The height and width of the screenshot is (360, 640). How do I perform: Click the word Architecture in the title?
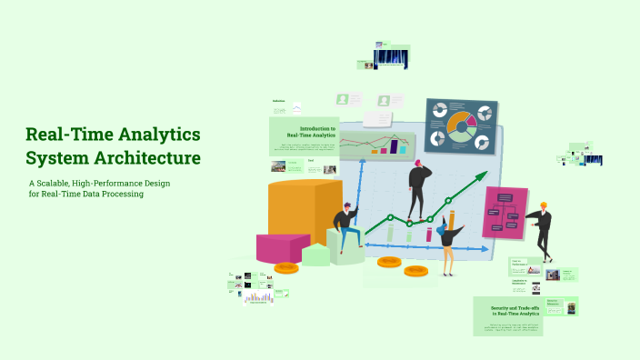coord(145,158)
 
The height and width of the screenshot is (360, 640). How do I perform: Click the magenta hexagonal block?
coord(282,247)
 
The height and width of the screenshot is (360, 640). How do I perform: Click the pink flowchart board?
coord(505,213)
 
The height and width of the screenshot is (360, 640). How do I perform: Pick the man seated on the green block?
coord(345,228)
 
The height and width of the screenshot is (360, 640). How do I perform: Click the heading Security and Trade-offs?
coord(509,310)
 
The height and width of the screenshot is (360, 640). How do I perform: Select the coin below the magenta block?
coord(286,267)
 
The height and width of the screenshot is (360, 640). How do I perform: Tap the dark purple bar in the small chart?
coord(395,146)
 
